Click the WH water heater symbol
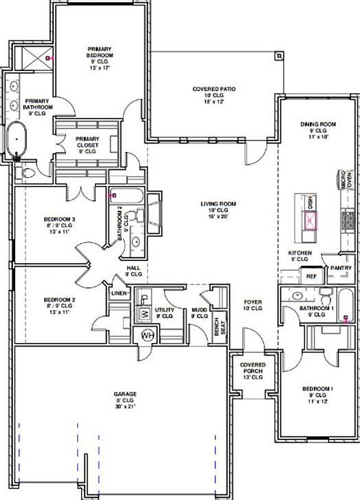tap(147, 335)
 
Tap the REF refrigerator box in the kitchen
tap(311, 275)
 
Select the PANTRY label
tap(341, 267)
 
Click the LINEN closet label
tap(118, 294)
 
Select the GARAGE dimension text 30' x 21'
tap(125, 406)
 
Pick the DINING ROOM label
tap(317, 125)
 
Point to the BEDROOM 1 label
tap(317, 389)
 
